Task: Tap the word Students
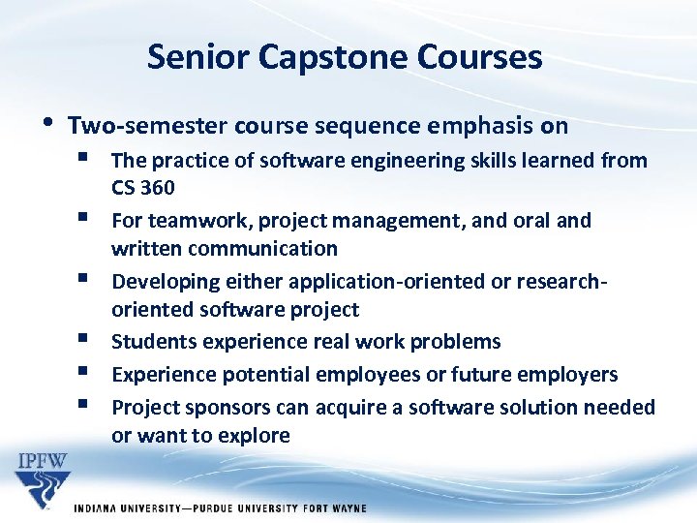tap(151, 342)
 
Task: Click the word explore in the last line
tap(255, 436)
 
